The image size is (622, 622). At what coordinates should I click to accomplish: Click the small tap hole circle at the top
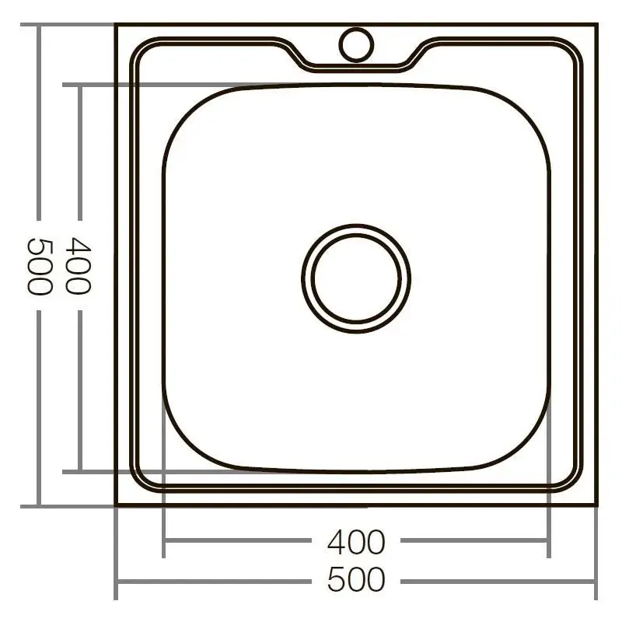tap(356, 43)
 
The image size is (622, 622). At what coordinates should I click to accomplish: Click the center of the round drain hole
tap(356, 278)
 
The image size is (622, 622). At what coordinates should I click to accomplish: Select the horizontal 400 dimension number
tap(356, 542)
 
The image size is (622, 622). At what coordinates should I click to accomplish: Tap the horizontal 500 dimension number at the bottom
tap(356, 580)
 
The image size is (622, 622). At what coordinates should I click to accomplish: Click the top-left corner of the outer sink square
tap(116, 25)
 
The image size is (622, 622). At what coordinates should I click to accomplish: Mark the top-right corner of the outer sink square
tap(597, 25)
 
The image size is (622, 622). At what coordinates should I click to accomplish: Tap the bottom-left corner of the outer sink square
tap(116, 505)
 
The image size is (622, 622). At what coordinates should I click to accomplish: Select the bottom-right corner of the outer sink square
tap(597, 505)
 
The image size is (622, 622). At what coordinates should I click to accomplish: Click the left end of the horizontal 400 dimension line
tap(163, 542)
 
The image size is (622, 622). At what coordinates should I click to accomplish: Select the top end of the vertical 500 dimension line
tap(39, 25)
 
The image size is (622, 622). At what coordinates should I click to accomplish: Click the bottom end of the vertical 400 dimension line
tap(79, 470)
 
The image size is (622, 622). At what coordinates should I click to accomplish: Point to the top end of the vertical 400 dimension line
tap(79, 85)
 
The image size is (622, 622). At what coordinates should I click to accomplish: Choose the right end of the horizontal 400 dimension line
tap(549, 542)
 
